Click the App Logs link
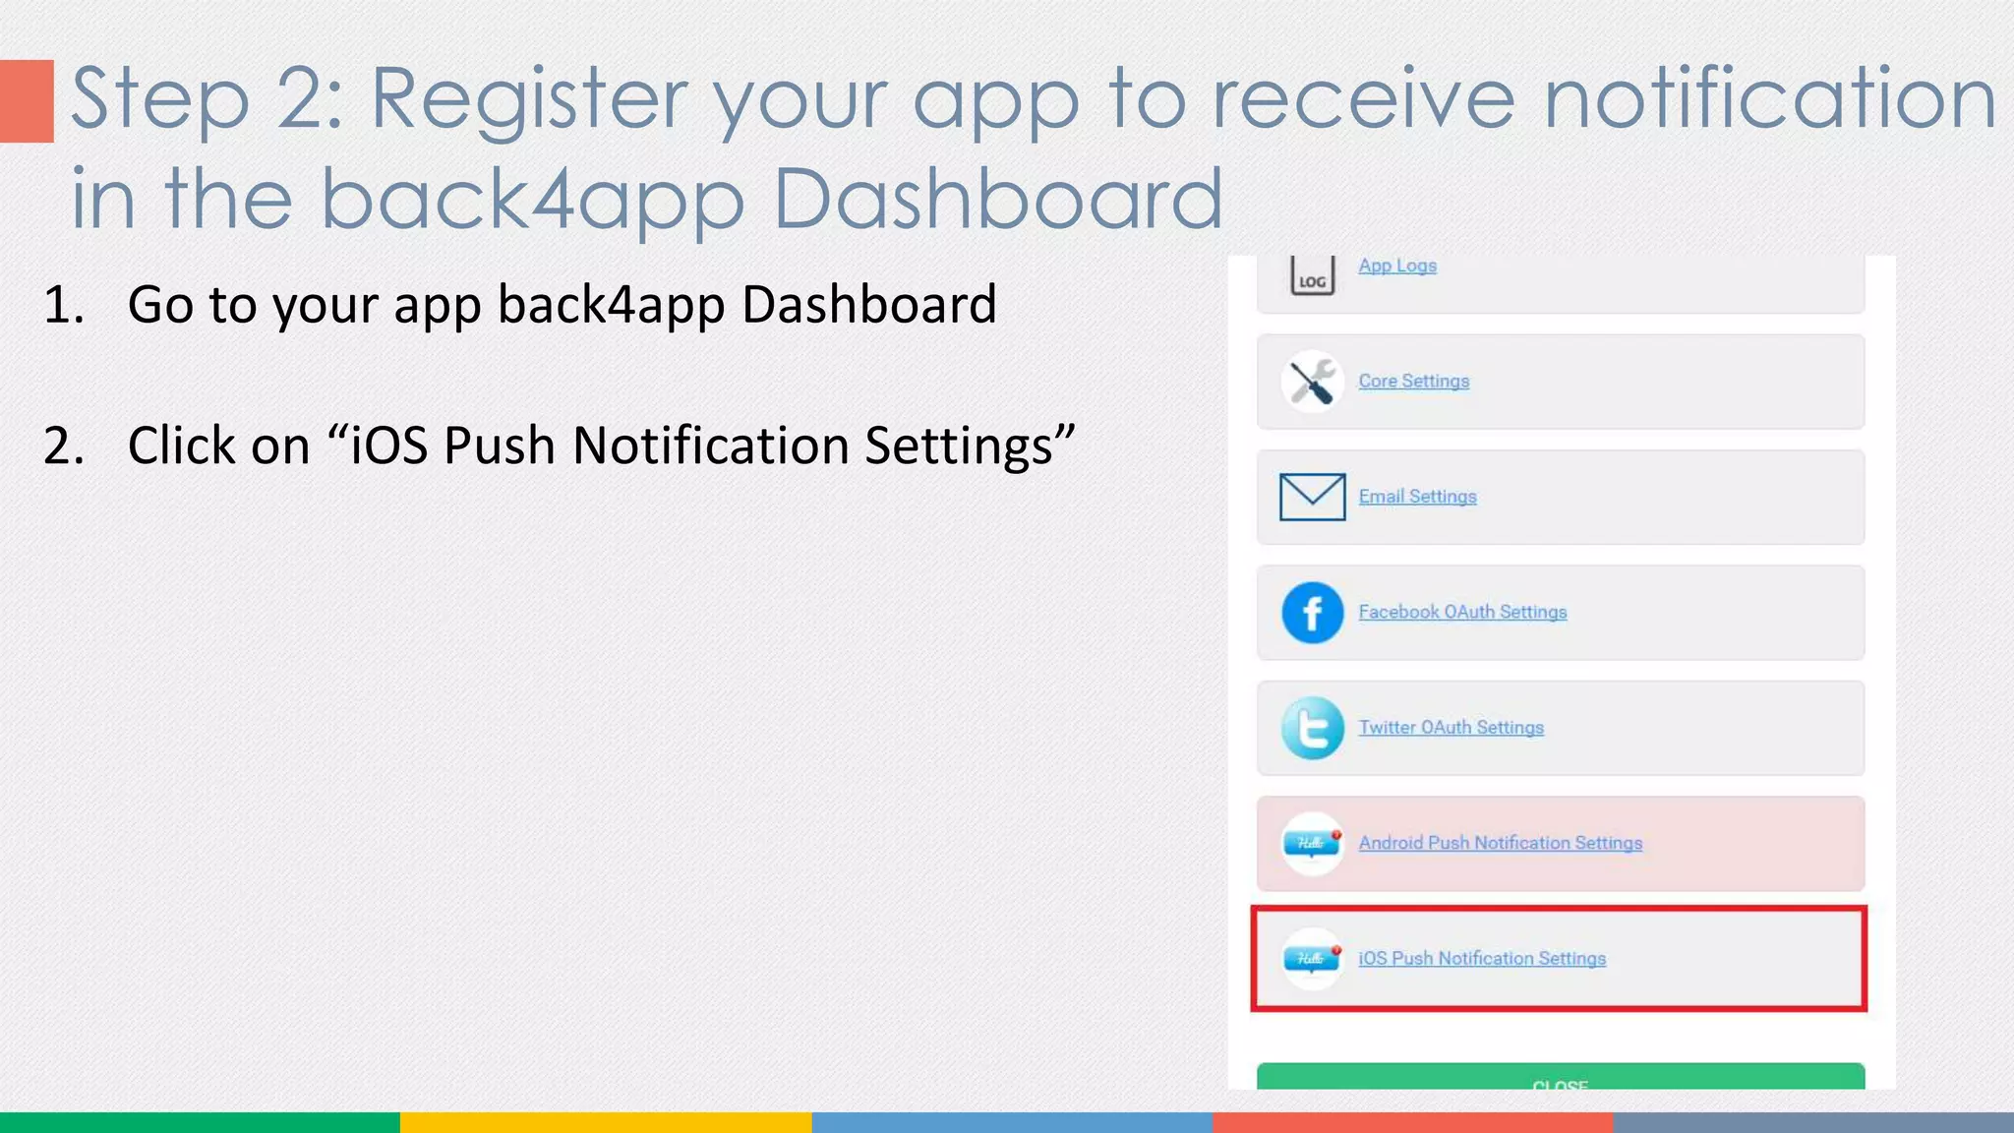point(1396,266)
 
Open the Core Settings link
point(1413,381)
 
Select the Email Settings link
point(1417,497)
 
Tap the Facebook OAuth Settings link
point(1462,612)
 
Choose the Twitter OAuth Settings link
point(1451,728)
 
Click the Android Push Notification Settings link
point(1500,843)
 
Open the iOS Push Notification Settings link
point(1481,958)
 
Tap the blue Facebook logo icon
point(1312,613)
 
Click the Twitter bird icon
point(1312,729)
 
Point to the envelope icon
point(1312,497)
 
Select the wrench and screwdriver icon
point(1312,382)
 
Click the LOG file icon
point(1312,276)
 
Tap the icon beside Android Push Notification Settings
point(1312,844)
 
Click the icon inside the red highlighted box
point(1312,958)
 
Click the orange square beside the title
point(27,101)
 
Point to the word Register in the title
point(529,98)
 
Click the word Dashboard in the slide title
point(997,200)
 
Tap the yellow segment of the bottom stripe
point(605,1122)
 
